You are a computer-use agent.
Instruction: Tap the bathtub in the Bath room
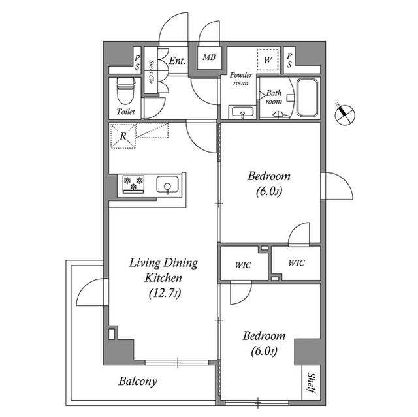click(x=306, y=98)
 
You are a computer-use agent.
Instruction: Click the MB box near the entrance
click(x=209, y=57)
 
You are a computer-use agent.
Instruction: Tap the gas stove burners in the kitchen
click(x=133, y=185)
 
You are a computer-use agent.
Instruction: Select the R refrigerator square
click(x=124, y=136)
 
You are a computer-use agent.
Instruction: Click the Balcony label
click(x=138, y=381)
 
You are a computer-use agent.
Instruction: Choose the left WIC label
click(x=244, y=264)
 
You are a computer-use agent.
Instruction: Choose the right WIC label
click(x=296, y=264)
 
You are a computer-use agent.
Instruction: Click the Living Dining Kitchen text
click(x=163, y=271)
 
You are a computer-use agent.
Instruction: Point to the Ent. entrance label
click(x=177, y=61)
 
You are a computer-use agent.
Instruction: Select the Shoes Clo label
click(x=151, y=72)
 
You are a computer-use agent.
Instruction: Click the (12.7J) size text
click(x=163, y=293)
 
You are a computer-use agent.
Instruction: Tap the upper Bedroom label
click(x=268, y=176)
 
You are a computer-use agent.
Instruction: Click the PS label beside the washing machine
click(x=289, y=59)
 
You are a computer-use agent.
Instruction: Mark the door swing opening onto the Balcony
click(x=91, y=293)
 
